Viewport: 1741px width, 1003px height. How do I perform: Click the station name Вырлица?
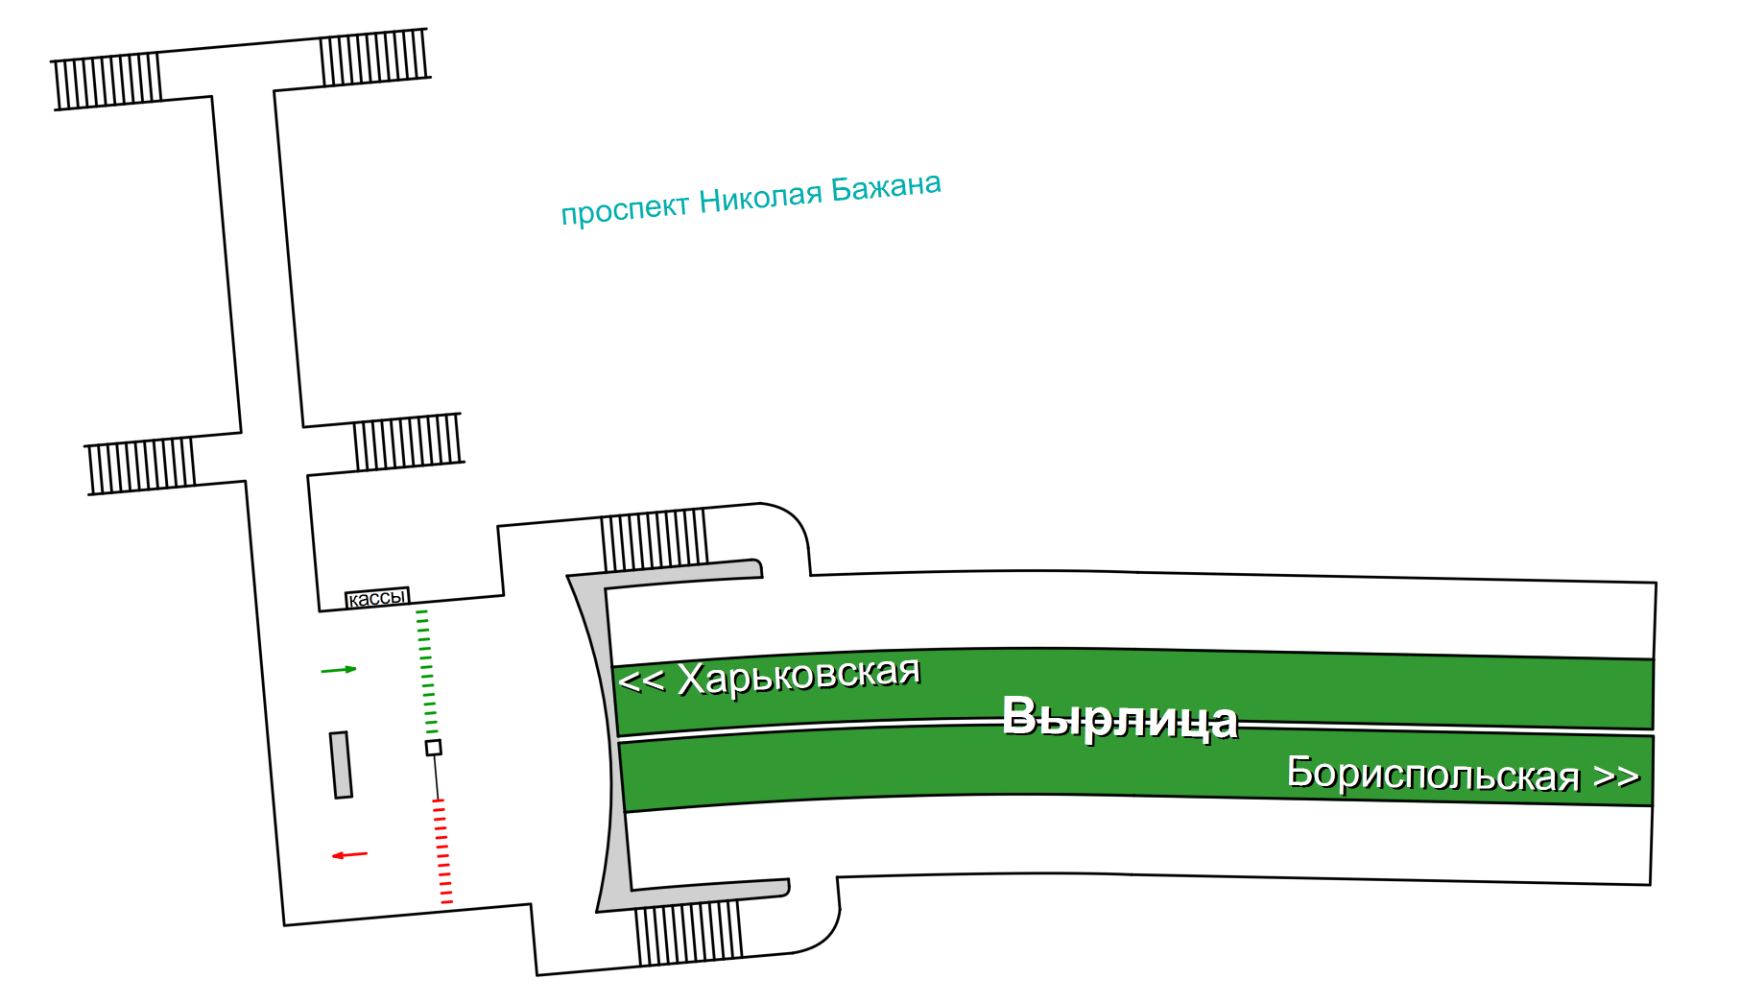pos(1119,718)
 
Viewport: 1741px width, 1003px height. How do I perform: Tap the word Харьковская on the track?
pos(799,675)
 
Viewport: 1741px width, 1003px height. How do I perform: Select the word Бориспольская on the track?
pos(1433,774)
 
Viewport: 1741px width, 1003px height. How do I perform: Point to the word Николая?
pos(760,198)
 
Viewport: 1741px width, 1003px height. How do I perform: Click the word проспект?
pos(625,209)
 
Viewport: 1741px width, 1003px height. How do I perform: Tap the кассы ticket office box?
pos(377,598)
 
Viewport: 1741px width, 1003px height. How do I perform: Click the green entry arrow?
pos(339,669)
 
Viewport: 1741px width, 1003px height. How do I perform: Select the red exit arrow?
pos(350,854)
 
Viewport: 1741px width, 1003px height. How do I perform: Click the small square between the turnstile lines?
pos(434,748)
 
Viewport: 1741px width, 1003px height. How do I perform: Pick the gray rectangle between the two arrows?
pos(341,765)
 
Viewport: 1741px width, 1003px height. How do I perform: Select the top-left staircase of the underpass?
pos(107,81)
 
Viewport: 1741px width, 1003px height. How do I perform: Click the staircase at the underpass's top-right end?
pos(374,58)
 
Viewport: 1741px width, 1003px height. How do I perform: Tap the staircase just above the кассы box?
pos(408,442)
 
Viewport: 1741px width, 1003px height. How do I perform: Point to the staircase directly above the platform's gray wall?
pos(655,540)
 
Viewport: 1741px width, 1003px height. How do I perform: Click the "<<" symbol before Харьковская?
pos(641,681)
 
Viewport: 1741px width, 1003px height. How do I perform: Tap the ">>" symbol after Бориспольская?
pos(1616,776)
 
